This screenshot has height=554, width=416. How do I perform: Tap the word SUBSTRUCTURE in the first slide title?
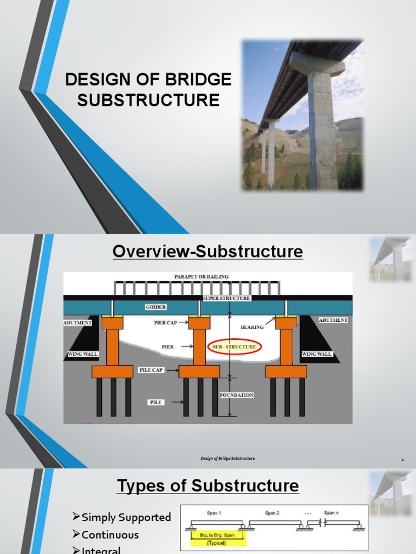[x=148, y=100]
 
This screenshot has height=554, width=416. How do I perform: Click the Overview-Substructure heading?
[x=207, y=252]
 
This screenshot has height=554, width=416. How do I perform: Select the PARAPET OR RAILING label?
[x=201, y=276]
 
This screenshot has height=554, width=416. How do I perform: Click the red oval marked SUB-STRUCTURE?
[x=234, y=346]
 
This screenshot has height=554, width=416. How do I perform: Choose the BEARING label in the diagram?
[x=252, y=327]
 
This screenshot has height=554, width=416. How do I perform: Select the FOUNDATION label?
[x=236, y=395]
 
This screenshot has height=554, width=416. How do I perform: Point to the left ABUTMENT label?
[x=78, y=322]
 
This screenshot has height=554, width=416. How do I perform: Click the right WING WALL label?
[x=316, y=354]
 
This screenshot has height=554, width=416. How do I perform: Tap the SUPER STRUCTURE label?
[x=226, y=298]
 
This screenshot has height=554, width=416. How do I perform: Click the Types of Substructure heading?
[x=207, y=485]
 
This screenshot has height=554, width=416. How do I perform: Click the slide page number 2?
[x=402, y=459]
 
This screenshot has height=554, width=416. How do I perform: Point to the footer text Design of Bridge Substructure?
[x=227, y=459]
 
